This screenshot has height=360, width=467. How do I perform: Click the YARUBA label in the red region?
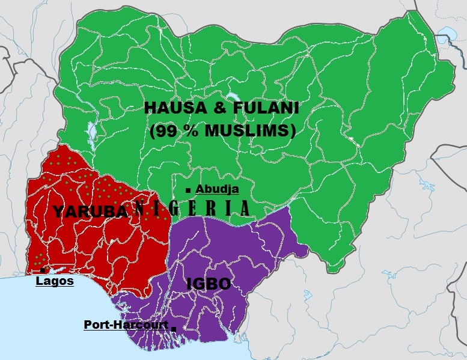click(91, 211)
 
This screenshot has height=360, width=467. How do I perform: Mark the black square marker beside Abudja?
click(189, 191)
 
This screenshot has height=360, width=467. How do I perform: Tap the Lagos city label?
click(55, 281)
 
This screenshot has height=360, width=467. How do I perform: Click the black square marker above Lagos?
click(43, 270)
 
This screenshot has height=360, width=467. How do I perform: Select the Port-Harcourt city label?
click(126, 324)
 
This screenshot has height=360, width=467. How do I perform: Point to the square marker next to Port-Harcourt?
click(174, 328)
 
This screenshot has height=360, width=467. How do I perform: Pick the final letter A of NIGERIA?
click(244, 209)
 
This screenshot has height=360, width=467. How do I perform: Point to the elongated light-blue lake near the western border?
click(91, 131)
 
